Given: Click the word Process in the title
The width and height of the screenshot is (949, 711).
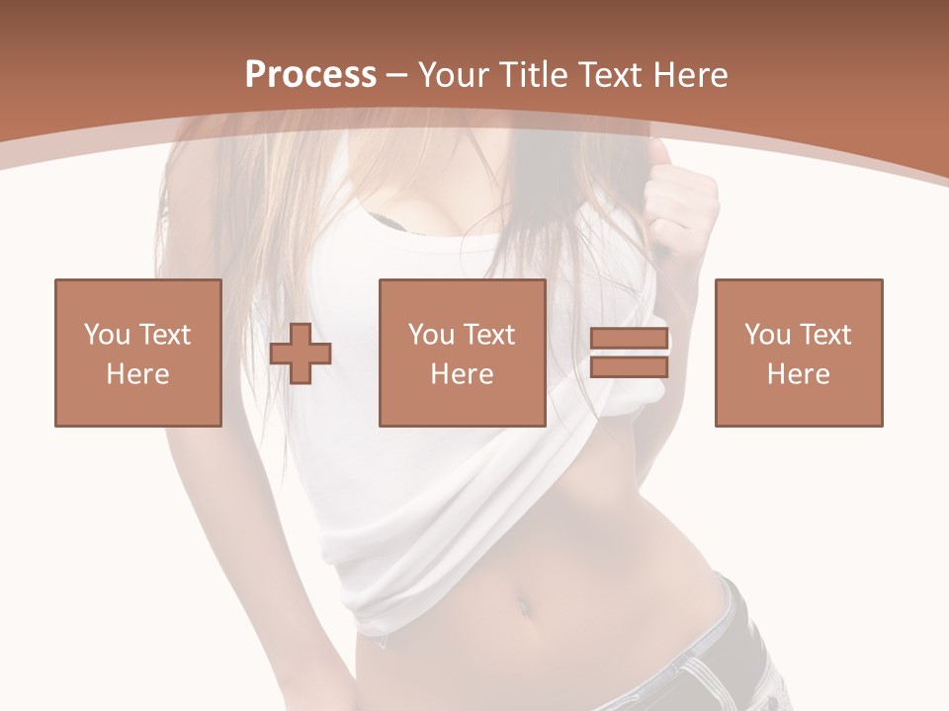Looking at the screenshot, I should click(x=310, y=74).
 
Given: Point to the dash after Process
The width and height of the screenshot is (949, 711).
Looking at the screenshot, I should click(x=397, y=76).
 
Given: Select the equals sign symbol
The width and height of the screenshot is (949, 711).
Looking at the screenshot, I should click(x=629, y=354).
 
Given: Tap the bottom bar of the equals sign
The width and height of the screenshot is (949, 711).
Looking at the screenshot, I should click(x=629, y=367).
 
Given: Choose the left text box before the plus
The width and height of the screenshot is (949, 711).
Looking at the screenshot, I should click(x=138, y=353).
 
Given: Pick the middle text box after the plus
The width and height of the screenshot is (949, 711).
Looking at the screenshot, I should click(x=462, y=353).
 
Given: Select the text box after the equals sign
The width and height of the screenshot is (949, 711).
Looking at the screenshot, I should click(x=798, y=353).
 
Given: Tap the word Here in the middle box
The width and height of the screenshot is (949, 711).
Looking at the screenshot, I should click(x=462, y=374).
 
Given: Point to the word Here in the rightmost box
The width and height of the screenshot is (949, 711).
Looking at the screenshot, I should click(x=798, y=374).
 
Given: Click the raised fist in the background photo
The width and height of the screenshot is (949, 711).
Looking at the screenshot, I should click(x=681, y=197).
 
